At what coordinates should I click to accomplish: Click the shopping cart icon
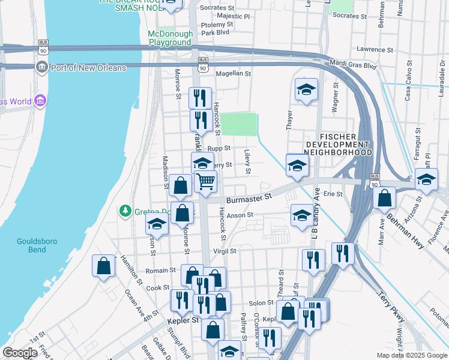tap(205, 181)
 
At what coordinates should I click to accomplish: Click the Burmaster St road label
tap(249, 197)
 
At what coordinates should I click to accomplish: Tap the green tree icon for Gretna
tap(125, 211)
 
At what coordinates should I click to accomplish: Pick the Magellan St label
tap(232, 73)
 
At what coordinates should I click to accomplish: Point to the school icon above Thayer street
tap(306, 90)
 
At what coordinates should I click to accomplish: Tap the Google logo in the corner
tap(20, 352)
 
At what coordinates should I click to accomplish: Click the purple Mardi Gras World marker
tap(40, 100)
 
